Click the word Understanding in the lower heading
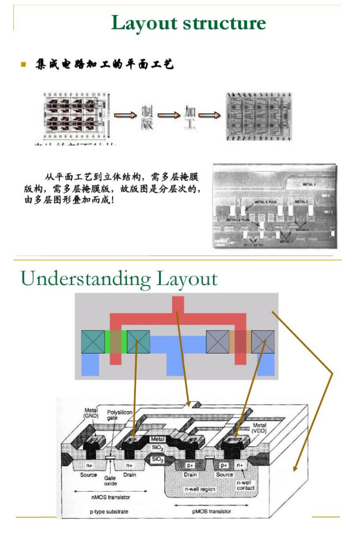pyautogui.click(x=84, y=279)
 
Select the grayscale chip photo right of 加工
pyautogui.click(x=259, y=116)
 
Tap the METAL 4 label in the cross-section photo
pyautogui.click(x=309, y=184)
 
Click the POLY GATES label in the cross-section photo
pyautogui.click(x=254, y=245)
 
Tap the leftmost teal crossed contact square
pyautogui.click(x=93, y=342)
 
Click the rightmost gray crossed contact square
pyautogui.click(x=263, y=342)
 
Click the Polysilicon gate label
pyautogui.click(x=120, y=415)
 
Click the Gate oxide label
pyautogui.click(x=110, y=480)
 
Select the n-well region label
pyautogui.click(x=200, y=489)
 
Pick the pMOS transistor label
pyautogui.click(x=212, y=511)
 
